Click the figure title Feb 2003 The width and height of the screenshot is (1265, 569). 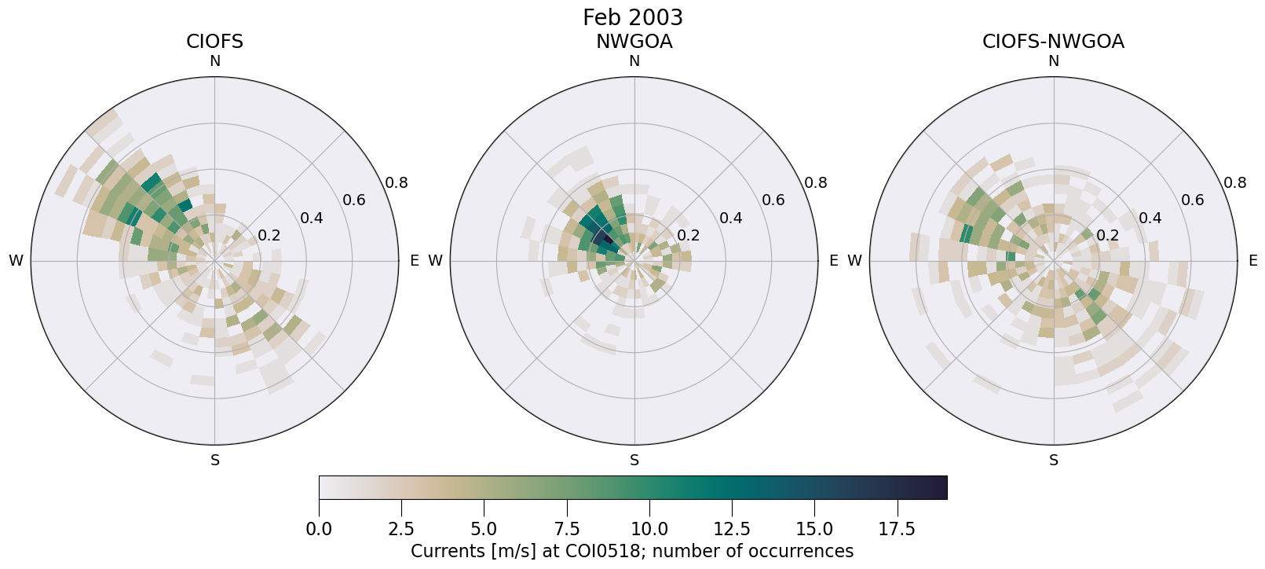coord(633,17)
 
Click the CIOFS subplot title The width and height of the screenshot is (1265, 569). coord(214,42)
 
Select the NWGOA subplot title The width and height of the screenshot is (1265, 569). coord(634,42)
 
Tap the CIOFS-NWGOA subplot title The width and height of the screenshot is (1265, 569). coord(1053,42)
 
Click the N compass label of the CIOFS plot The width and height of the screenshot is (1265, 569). coord(214,61)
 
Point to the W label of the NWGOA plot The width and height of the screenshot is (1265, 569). coord(435,261)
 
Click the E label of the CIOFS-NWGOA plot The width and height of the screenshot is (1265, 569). coord(1253,261)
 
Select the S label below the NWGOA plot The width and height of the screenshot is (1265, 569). coord(634,461)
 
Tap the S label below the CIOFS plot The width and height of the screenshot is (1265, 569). coord(215,461)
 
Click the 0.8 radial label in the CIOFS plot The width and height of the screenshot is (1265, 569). coord(397,183)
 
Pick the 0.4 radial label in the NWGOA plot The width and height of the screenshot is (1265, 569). coord(731,218)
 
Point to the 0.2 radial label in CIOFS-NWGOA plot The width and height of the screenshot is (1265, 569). coord(1108,235)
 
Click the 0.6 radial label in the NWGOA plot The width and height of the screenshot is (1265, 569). coord(773,200)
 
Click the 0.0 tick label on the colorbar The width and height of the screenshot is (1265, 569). coord(319,529)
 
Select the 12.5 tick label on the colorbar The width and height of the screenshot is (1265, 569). coord(732,529)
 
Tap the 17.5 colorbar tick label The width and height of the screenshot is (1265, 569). coord(897,529)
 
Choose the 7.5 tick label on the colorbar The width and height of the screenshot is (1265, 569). coord(567,529)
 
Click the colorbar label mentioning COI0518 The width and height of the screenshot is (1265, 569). coord(632,552)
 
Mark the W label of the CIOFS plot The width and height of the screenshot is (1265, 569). coord(16,261)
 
